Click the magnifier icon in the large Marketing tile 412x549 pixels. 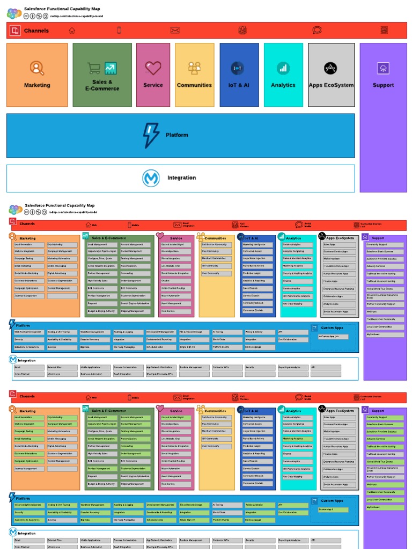(x=36, y=68)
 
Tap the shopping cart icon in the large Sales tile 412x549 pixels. (x=94, y=68)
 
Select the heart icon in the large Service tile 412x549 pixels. (x=153, y=68)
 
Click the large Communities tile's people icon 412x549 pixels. (x=194, y=68)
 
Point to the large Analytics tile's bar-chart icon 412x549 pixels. (x=283, y=68)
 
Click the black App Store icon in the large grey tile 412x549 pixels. (x=330, y=68)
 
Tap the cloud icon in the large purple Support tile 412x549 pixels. (x=383, y=68)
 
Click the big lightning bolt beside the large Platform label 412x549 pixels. (x=151, y=135)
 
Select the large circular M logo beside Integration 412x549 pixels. (x=151, y=178)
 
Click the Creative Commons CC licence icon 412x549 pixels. (x=27, y=16)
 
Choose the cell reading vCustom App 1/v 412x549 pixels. (x=333, y=337)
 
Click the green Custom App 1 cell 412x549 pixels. (x=333, y=509)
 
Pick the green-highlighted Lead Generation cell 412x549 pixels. (x=28, y=417)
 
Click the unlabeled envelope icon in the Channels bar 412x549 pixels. (x=175, y=31)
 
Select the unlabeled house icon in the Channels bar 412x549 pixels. (x=72, y=31)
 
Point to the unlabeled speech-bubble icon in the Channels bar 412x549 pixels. (x=317, y=31)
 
